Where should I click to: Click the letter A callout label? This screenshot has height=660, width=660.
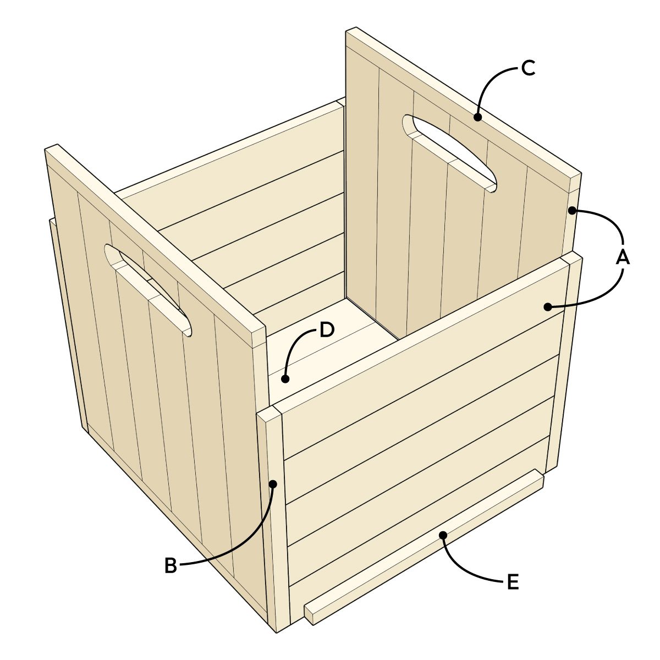623,256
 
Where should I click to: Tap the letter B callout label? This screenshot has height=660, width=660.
171,566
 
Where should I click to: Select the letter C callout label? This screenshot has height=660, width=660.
527,69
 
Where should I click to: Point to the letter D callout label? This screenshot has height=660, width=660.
326,330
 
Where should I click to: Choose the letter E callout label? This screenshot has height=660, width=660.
512,582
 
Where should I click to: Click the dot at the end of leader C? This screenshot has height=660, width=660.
477,117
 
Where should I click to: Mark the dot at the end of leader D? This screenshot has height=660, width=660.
284,378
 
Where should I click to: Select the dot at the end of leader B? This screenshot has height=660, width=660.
273,483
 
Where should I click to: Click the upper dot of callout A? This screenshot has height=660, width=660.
572,210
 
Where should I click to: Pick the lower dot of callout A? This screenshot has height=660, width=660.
547,306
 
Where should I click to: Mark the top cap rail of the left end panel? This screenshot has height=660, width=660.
154,242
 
